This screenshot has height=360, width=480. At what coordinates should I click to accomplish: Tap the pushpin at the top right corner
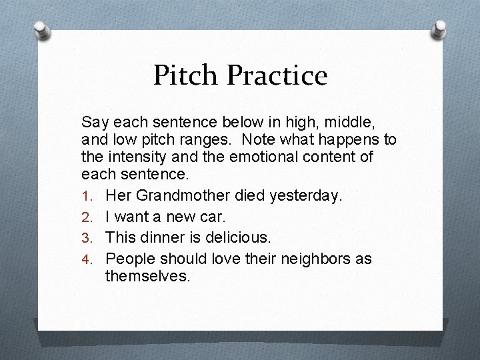441,29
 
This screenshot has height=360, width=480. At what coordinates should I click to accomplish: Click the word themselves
147,276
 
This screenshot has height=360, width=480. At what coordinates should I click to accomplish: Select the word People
129,258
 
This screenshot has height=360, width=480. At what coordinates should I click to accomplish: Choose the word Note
261,141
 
